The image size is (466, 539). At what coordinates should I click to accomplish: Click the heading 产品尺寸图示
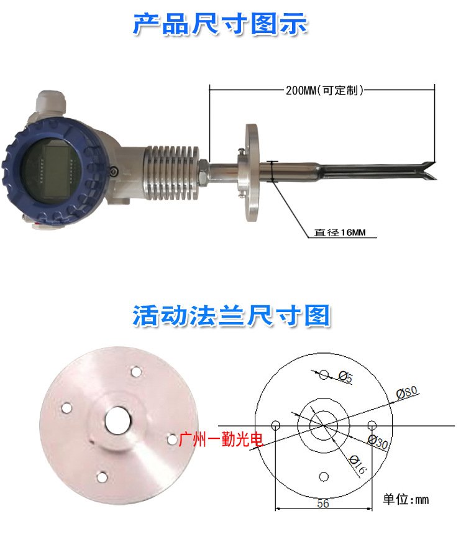pyautogui.click(x=220, y=24)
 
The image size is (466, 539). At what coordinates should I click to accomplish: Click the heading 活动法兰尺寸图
pyautogui.click(x=232, y=315)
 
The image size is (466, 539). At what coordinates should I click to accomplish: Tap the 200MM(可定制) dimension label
pyautogui.click(x=324, y=90)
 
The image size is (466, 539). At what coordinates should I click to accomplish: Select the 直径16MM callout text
pyautogui.click(x=340, y=233)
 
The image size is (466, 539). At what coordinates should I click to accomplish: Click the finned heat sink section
pyautogui.click(x=171, y=172)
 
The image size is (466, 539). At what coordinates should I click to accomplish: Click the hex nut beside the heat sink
pyautogui.click(x=203, y=171)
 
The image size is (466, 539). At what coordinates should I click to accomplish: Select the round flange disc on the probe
pyautogui.click(x=252, y=173)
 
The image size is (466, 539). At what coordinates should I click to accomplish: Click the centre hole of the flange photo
pyautogui.click(x=118, y=421)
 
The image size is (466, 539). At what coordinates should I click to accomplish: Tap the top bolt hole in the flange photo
pyautogui.click(x=137, y=372)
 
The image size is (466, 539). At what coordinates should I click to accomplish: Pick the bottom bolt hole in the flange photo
pyautogui.click(x=102, y=477)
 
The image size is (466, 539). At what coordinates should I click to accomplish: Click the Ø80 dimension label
pyautogui.click(x=407, y=392)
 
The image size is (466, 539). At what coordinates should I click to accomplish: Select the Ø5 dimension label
pyautogui.click(x=345, y=377)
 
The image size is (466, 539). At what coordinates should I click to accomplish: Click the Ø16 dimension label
pyautogui.click(x=358, y=464)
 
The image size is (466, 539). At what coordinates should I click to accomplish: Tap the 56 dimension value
pyautogui.click(x=323, y=503)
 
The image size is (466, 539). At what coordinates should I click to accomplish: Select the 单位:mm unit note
pyautogui.click(x=406, y=499)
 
